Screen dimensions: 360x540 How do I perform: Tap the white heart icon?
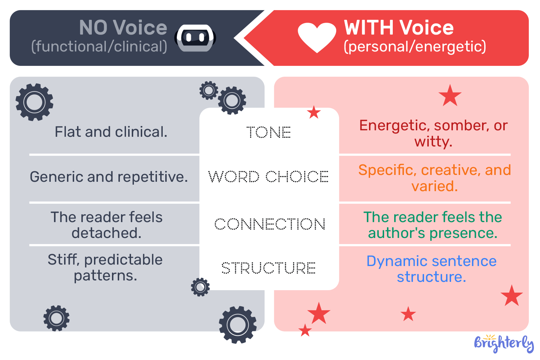pos(317,37)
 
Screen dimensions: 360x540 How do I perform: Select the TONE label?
pos(269,132)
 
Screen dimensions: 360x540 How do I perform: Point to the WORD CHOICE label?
pos(269,176)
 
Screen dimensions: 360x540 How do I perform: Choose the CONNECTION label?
pos(270,224)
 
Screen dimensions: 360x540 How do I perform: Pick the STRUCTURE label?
pos(269,268)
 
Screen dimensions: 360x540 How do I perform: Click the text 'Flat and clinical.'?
pos(111,132)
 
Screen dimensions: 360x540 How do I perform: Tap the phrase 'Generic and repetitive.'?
pos(109,177)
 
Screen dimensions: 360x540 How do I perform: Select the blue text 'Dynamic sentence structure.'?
pos(431,269)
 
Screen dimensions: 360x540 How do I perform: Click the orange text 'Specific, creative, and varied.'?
pos(435,178)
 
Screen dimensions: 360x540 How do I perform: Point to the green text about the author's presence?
pos(432,225)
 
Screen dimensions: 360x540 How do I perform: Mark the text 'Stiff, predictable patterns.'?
pos(105,267)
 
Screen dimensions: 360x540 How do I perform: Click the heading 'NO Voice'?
pos(123,28)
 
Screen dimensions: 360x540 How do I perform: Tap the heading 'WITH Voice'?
pos(399,28)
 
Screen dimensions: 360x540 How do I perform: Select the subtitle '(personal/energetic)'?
pos(415,47)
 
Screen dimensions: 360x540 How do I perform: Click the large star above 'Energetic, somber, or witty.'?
pos(450,96)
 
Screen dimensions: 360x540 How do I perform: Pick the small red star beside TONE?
pos(314,113)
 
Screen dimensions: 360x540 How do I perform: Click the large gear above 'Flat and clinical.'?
pos(35,102)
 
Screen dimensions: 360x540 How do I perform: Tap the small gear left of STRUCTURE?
pos(200,287)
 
